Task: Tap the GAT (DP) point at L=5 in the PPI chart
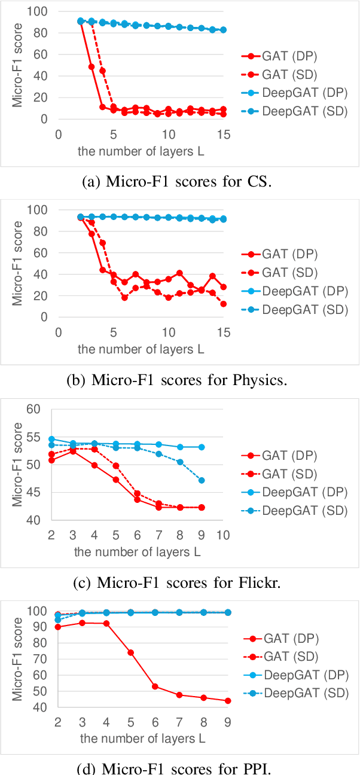coord(130,652)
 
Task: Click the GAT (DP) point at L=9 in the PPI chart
coord(228,701)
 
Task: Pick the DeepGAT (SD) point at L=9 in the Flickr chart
coord(202,480)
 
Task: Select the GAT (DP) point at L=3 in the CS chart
coord(91,66)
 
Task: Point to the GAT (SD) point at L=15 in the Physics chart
coord(223,304)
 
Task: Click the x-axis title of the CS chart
coord(141,151)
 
